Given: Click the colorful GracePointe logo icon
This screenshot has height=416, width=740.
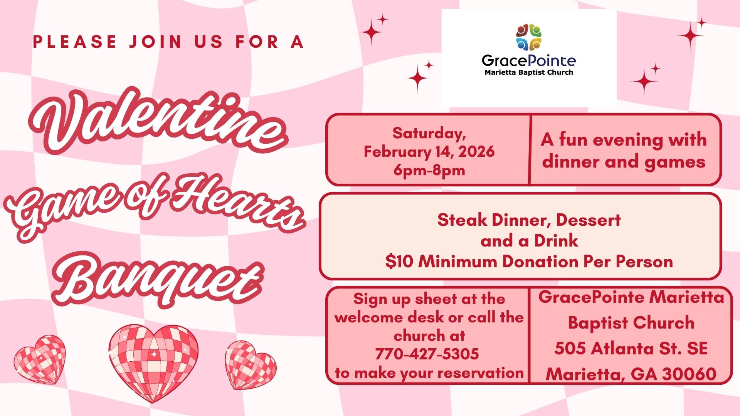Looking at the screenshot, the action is [529, 37].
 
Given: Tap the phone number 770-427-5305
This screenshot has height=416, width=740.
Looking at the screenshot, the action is [427, 354].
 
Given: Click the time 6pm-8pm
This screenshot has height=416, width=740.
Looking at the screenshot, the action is [429, 170].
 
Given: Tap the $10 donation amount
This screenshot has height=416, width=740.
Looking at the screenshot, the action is [399, 262].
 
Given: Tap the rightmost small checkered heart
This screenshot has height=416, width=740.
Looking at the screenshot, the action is [251, 364].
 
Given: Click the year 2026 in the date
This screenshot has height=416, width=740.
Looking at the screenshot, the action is [476, 152].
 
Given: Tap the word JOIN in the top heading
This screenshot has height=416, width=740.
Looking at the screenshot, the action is [156, 42].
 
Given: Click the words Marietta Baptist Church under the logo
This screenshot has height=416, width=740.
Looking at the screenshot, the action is [529, 72].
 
